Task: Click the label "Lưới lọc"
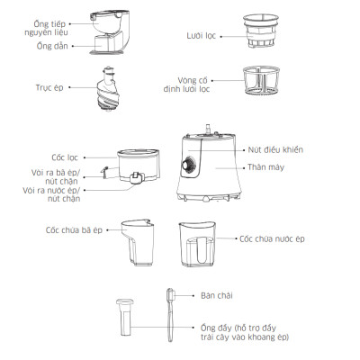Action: pyautogui.click(x=201, y=36)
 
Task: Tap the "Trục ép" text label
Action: pyautogui.click(x=49, y=87)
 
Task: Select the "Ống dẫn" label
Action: pyautogui.click(x=52, y=46)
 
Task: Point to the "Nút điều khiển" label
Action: pyautogui.click(x=275, y=149)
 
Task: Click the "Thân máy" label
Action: pyautogui.click(x=265, y=167)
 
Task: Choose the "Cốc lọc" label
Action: pyautogui.click(x=65, y=157)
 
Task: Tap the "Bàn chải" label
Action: pyautogui.click(x=217, y=295)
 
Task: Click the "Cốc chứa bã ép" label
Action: pyautogui.click(x=74, y=230)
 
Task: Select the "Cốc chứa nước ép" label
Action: pyautogui.click(x=272, y=238)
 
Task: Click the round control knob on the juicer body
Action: pyautogui.click(x=188, y=165)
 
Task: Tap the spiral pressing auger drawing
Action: pyautogui.click(x=108, y=88)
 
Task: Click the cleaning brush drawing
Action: pyautogui.click(x=170, y=315)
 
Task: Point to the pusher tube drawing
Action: pyautogui.click(x=125, y=317)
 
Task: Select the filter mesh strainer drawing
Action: pyautogui.click(x=261, y=31)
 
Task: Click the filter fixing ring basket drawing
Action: pyautogui.click(x=261, y=80)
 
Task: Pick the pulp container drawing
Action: pyautogui.click(x=138, y=242)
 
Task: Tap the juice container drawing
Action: pyautogui.click(x=197, y=245)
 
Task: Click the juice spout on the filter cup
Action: pyautogui.click(x=137, y=178)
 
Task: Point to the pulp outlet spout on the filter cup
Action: pyautogui.click(x=104, y=173)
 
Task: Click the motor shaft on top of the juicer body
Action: pyautogui.click(x=208, y=130)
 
